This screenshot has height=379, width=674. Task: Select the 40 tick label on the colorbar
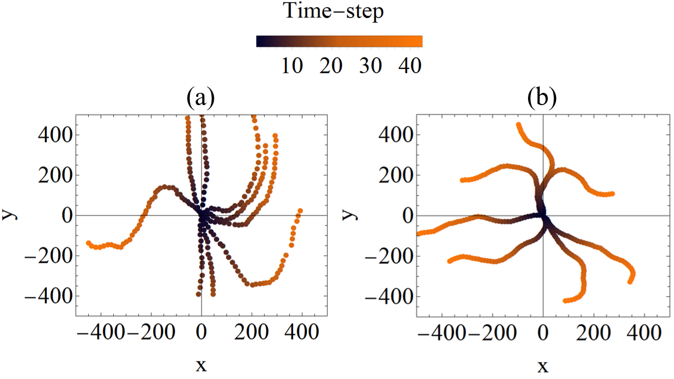[409, 66]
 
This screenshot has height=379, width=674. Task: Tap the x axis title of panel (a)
[201, 366]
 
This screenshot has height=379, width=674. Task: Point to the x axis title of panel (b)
[543, 366]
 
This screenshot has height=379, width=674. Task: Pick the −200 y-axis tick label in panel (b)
[390, 256]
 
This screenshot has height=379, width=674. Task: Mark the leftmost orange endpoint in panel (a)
[89, 243]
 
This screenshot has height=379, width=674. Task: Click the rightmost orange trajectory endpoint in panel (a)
[300, 211]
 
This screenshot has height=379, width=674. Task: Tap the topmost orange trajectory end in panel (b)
[519, 125]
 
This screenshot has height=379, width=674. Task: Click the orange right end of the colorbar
[418, 41]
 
